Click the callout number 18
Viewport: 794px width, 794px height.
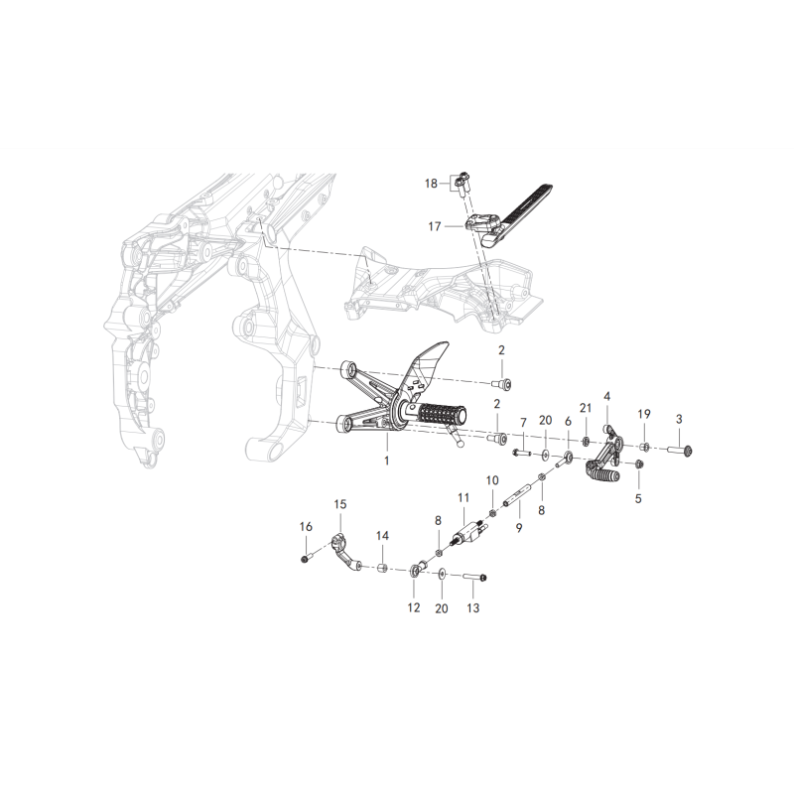(x=431, y=184)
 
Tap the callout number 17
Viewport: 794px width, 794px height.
(x=435, y=226)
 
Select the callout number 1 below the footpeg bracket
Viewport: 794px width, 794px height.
(x=387, y=461)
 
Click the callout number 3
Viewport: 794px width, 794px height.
(x=679, y=419)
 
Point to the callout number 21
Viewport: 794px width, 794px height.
(x=586, y=408)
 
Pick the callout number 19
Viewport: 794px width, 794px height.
(x=643, y=414)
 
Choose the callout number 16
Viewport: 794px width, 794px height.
(x=306, y=527)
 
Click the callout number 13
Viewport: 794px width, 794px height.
(x=472, y=607)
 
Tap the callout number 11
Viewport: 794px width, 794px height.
(x=463, y=498)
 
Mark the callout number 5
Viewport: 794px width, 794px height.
(x=638, y=498)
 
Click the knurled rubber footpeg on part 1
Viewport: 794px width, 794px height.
(x=440, y=414)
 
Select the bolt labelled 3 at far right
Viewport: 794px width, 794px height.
(x=680, y=450)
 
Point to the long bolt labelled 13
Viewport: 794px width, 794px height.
(x=474, y=577)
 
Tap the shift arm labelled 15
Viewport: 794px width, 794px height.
(x=345, y=556)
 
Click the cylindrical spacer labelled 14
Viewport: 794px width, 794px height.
(x=383, y=567)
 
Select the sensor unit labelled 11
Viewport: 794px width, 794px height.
(x=468, y=533)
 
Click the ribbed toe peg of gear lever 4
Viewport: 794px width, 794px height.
(x=603, y=473)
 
